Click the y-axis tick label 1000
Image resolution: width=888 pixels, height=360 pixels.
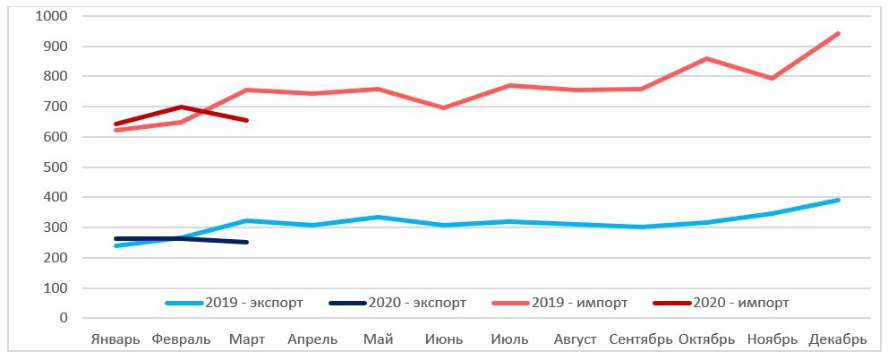51,16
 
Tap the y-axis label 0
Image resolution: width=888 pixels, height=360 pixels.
63,318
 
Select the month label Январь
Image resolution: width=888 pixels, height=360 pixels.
115,339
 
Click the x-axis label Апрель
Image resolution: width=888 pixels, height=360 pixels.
312,339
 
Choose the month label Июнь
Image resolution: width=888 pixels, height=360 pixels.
444,339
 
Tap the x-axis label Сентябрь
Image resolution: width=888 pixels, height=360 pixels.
640,339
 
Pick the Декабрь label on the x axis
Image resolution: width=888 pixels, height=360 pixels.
838,339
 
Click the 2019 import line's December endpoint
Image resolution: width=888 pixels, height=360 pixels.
838,34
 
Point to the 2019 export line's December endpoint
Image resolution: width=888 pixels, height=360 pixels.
838,200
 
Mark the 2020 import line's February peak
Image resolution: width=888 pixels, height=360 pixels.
182,107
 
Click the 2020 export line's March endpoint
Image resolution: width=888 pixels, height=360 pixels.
246,242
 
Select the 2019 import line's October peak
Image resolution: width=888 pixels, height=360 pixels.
706,59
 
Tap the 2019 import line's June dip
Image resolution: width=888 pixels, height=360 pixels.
444,107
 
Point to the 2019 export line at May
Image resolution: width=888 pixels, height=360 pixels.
378,217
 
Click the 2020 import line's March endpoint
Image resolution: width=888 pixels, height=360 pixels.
246,120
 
